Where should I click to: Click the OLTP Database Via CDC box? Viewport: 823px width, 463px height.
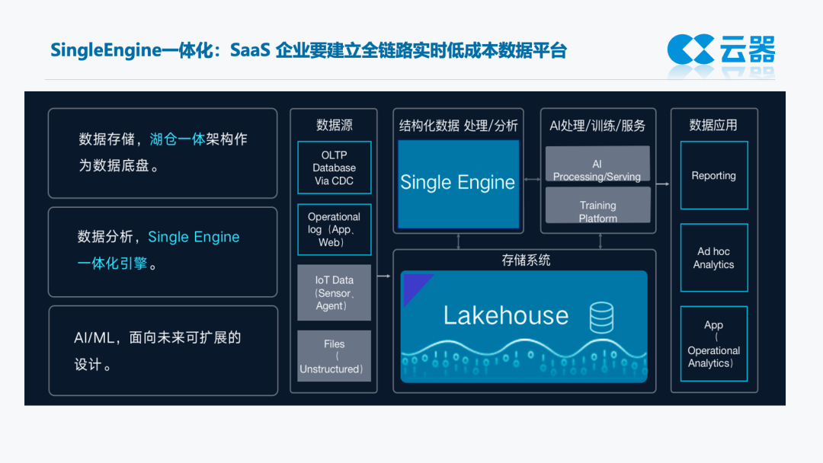(x=334, y=168)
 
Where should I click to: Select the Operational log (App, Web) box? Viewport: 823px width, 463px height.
(x=334, y=229)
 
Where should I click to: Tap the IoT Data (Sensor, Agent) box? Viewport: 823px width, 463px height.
(x=334, y=292)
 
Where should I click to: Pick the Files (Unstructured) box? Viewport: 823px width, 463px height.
(x=334, y=356)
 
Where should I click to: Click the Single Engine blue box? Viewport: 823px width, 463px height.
(x=457, y=183)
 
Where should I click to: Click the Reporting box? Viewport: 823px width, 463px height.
(x=713, y=175)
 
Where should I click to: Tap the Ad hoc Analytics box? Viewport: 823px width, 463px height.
(x=713, y=258)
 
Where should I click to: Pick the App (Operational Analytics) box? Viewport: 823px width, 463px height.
(x=713, y=344)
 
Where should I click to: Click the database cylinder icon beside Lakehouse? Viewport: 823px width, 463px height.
(x=601, y=317)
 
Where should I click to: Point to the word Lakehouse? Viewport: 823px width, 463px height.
(x=506, y=315)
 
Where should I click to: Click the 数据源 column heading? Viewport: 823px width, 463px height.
(x=334, y=125)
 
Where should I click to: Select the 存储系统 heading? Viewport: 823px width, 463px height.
(x=526, y=260)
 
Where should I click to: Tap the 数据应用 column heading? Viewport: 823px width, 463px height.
(x=713, y=125)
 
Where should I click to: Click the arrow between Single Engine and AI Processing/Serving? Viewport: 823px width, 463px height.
(x=532, y=179)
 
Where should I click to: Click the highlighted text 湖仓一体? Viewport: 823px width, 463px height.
(x=177, y=139)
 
